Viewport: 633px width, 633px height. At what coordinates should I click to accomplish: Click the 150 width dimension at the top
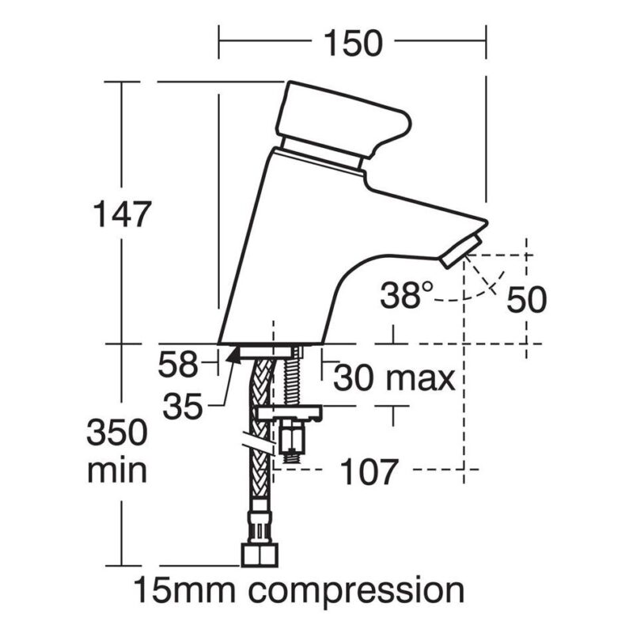pyautogui.click(x=353, y=44)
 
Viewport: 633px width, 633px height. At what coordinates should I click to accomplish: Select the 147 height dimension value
pyautogui.click(x=122, y=214)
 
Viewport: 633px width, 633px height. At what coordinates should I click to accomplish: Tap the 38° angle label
pyautogui.click(x=407, y=295)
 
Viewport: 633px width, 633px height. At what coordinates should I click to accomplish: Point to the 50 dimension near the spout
pyautogui.click(x=526, y=300)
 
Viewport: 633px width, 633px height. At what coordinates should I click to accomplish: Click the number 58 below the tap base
pyautogui.click(x=178, y=365)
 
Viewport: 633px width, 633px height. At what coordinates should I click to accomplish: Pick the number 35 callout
pyautogui.click(x=183, y=407)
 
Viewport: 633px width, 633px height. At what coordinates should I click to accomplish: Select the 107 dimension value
pyautogui.click(x=369, y=472)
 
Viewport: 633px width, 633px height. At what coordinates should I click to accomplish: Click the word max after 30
pyautogui.click(x=420, y=380)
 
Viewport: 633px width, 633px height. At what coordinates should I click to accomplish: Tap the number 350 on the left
pyautogui.click(x=117, y=432)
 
